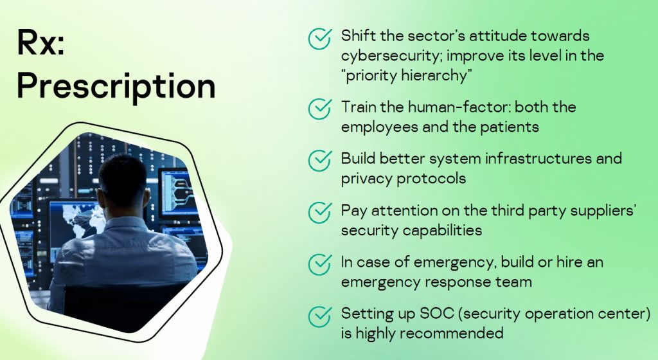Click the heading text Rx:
[40, 42]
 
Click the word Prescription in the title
[116, 87]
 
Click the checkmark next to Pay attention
[320, 212]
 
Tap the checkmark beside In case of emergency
[320, 264]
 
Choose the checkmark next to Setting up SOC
[320, 316]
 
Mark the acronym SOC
[437, 314]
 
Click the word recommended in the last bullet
[451, 333]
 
